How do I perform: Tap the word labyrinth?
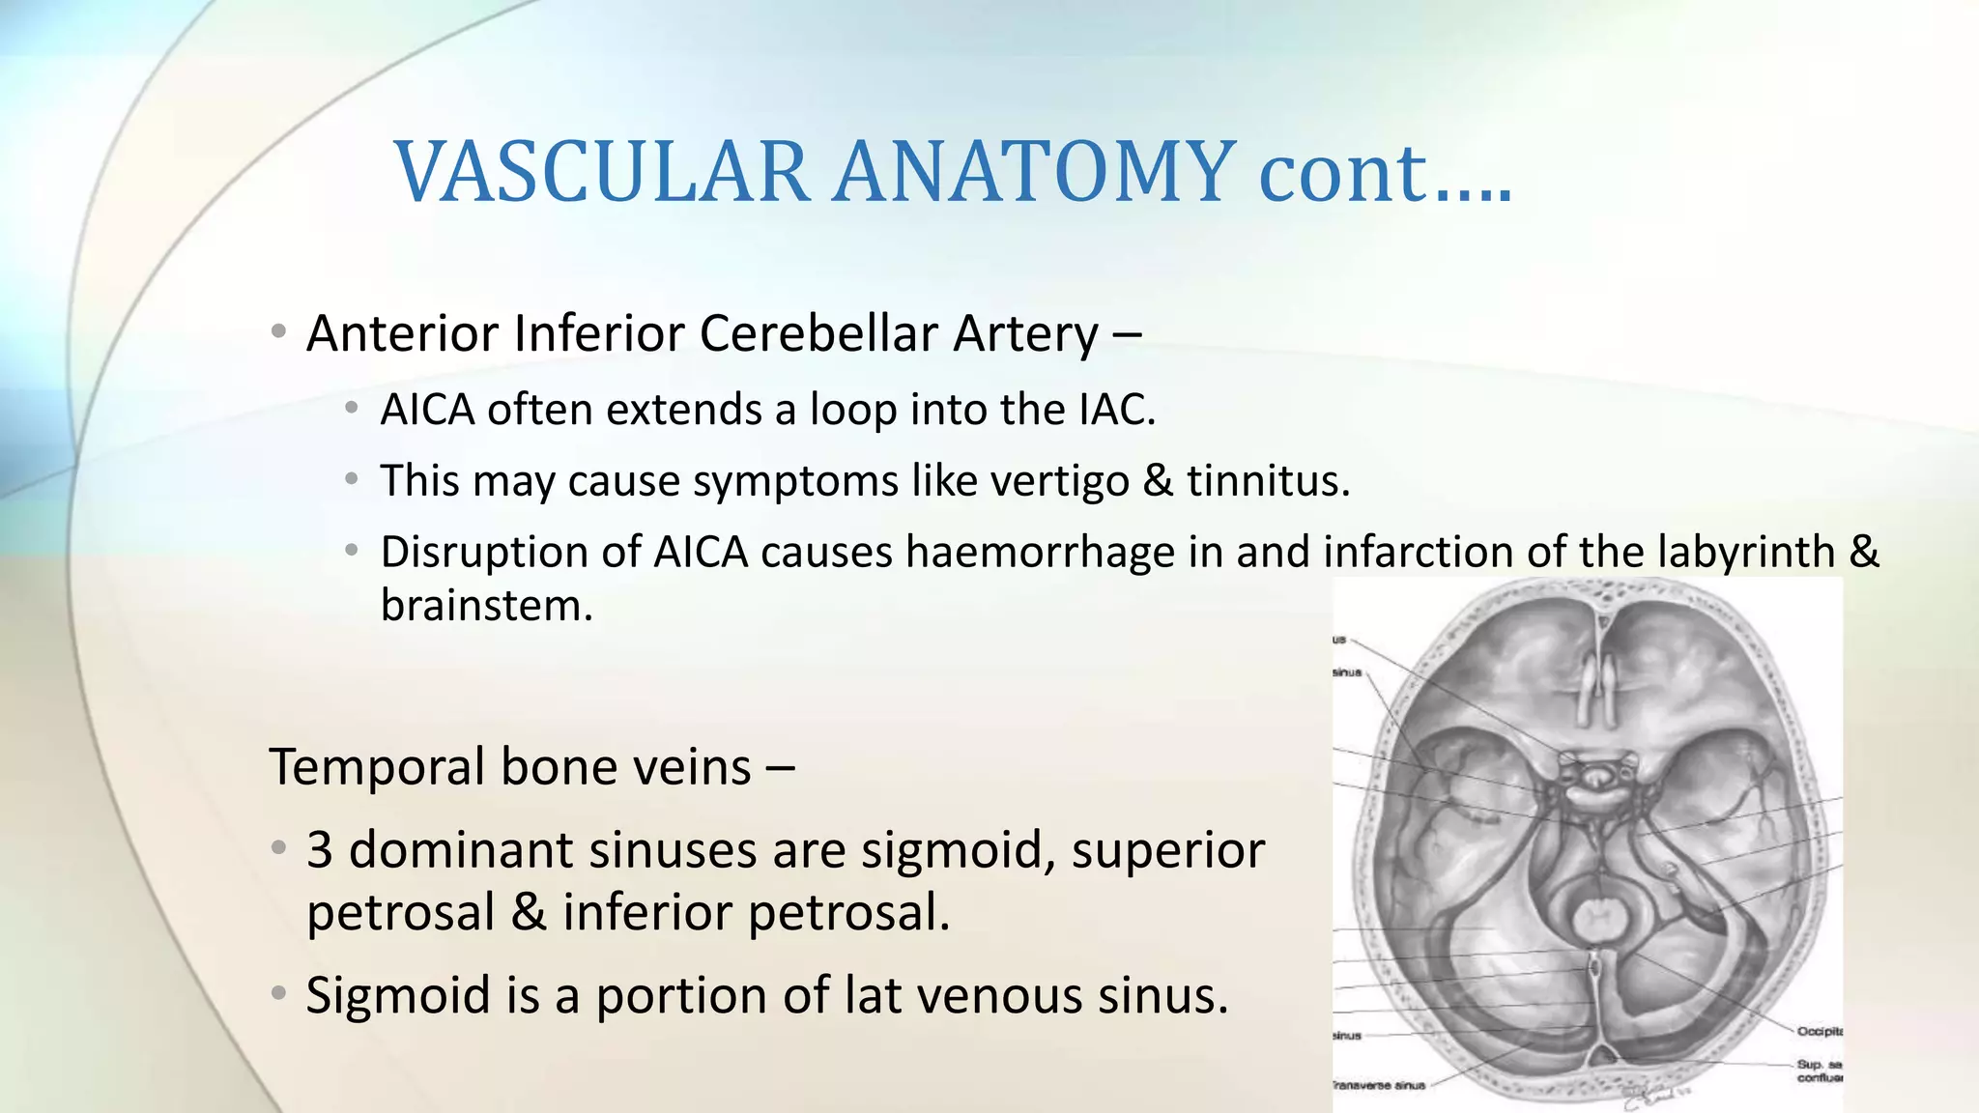click(1745, 553)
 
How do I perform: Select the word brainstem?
click(486, 606)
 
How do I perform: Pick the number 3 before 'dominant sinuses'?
click(320, 851)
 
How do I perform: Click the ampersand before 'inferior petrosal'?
click(529, 913)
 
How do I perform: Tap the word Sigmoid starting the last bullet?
click(397, 996)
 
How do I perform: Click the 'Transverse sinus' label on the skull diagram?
click(1378, 1086)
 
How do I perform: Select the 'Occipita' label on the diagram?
click(1819, 1032)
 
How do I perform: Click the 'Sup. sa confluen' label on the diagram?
click(1819, 1070)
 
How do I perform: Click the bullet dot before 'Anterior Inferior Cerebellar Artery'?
click(278, 333)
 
